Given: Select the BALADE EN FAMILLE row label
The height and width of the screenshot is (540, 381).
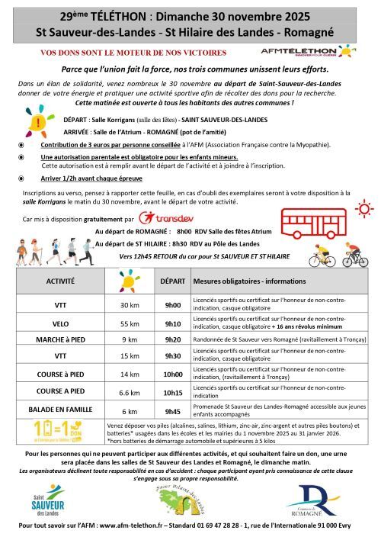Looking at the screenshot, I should pyautogui.click(x=60, y=410).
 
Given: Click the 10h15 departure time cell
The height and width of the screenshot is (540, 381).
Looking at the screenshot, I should pyautogui.click(x=172, y=392).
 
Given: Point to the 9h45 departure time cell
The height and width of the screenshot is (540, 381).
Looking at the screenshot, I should pyautogui.click(x=172, y=410).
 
